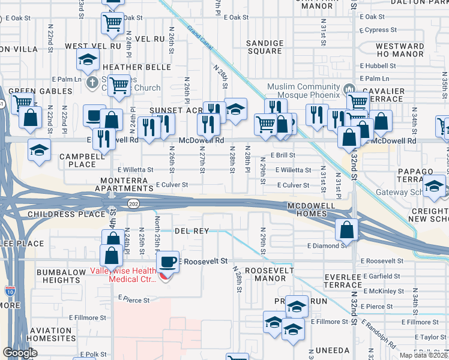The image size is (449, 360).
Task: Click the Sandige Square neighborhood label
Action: point(265,47)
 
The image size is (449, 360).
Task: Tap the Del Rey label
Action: point(191,231)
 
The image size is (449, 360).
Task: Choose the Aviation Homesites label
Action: point(50,334)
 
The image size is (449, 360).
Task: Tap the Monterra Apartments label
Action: point(124,184)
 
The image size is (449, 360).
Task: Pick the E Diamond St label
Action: point(327,245)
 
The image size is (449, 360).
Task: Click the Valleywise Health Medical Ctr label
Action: point(123,274)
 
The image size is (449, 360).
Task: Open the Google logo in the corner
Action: point(20,353)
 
